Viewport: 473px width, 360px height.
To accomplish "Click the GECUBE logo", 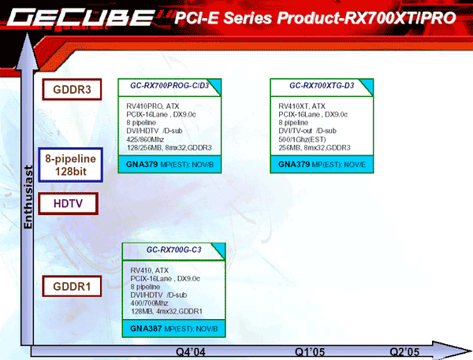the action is [81, 17].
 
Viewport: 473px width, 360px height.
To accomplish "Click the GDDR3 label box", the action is [72, 89].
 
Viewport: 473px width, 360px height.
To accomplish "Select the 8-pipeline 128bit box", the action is [71, 165].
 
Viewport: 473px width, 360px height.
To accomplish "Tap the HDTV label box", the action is [68, 203].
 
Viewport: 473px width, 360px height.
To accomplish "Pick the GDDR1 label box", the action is [72, 286].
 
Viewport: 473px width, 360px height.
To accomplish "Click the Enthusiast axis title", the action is [28, 197].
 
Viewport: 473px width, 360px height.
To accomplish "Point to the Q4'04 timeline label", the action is [191, 352].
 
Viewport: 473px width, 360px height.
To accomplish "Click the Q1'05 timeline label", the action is [310, 352].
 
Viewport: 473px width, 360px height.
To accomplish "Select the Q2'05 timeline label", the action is [404, 352].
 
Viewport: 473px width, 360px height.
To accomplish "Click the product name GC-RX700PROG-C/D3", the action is [169, 86].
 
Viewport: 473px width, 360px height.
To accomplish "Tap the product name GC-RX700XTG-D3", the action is [322, 86].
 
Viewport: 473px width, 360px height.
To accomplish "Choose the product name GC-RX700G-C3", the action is [173, 250].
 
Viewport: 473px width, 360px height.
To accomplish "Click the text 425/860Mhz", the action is [145, 139].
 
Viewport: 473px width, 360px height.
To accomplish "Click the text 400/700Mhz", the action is [149, 303].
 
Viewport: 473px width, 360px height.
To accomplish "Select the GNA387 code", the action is [146, 328].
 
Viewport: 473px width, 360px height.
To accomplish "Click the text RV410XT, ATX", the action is [302, 106].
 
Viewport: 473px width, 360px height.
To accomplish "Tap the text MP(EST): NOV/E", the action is [338, 165].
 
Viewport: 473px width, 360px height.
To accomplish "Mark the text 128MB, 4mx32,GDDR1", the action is [166, 311].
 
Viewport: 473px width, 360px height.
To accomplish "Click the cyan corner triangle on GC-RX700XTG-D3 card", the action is [369, 85].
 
